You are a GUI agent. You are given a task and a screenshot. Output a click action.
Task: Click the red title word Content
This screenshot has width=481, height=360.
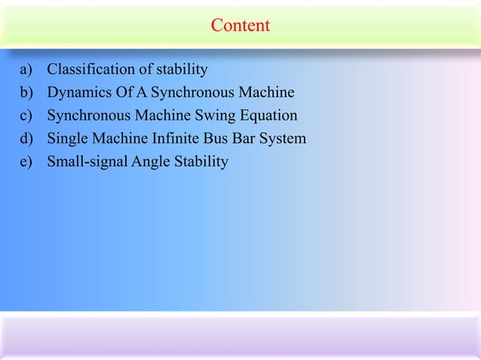coord(240,26)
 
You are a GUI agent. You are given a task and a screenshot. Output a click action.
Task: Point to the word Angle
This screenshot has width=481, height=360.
coord(150,161)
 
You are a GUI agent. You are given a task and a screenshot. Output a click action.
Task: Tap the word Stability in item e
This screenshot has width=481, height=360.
coord(201,161)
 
